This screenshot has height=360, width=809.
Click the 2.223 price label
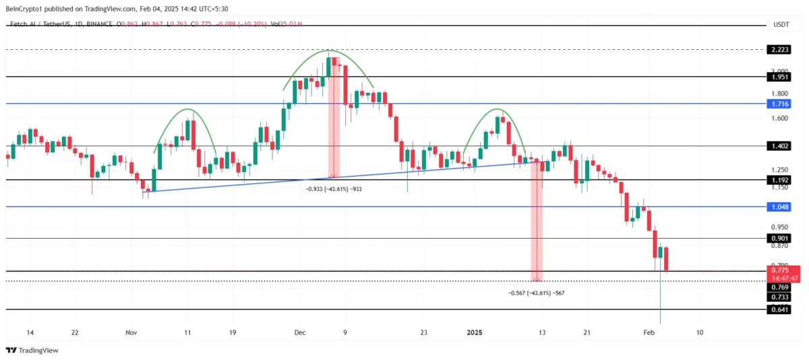pyautogui.click(x=779, y=50)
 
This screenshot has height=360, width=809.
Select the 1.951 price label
pyautogui.click(x=779, y=76)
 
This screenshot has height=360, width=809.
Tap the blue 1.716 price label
pyautogui.click(x=779, y=104)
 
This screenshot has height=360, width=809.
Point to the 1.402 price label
pyautogui.click(x=779, y=146)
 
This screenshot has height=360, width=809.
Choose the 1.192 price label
pyautogui.click(x=779, y=180)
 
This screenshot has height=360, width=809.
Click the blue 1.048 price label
pyautogui.click(x=779, y=207)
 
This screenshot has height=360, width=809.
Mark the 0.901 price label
pyautogui.click(x=779, y=238)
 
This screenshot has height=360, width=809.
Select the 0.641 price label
pyautogui.click(x=779, y=309)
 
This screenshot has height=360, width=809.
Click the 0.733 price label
pyautogui.click(x=779, y=297)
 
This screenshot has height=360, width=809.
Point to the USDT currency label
pyautogui.click(x=781, y=24)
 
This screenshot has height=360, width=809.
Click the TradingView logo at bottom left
pyautogui.click(x=32, y=350)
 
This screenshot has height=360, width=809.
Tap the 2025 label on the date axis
pyautogui.click(x=475, y=332)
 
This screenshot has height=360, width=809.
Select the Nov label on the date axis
pyautogui.click(x=131, y=332)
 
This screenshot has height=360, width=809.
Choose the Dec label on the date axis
pyautogui.click(x=300, y=332)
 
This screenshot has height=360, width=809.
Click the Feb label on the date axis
pyautogui.click(x=649, y=332)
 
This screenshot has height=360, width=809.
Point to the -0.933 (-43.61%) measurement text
pyautogui.click(x=334, y=189)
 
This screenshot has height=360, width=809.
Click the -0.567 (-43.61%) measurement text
pyautogui.click(x=536, y=293)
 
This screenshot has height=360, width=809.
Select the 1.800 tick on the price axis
pyautogui.click(x=779, y=94)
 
